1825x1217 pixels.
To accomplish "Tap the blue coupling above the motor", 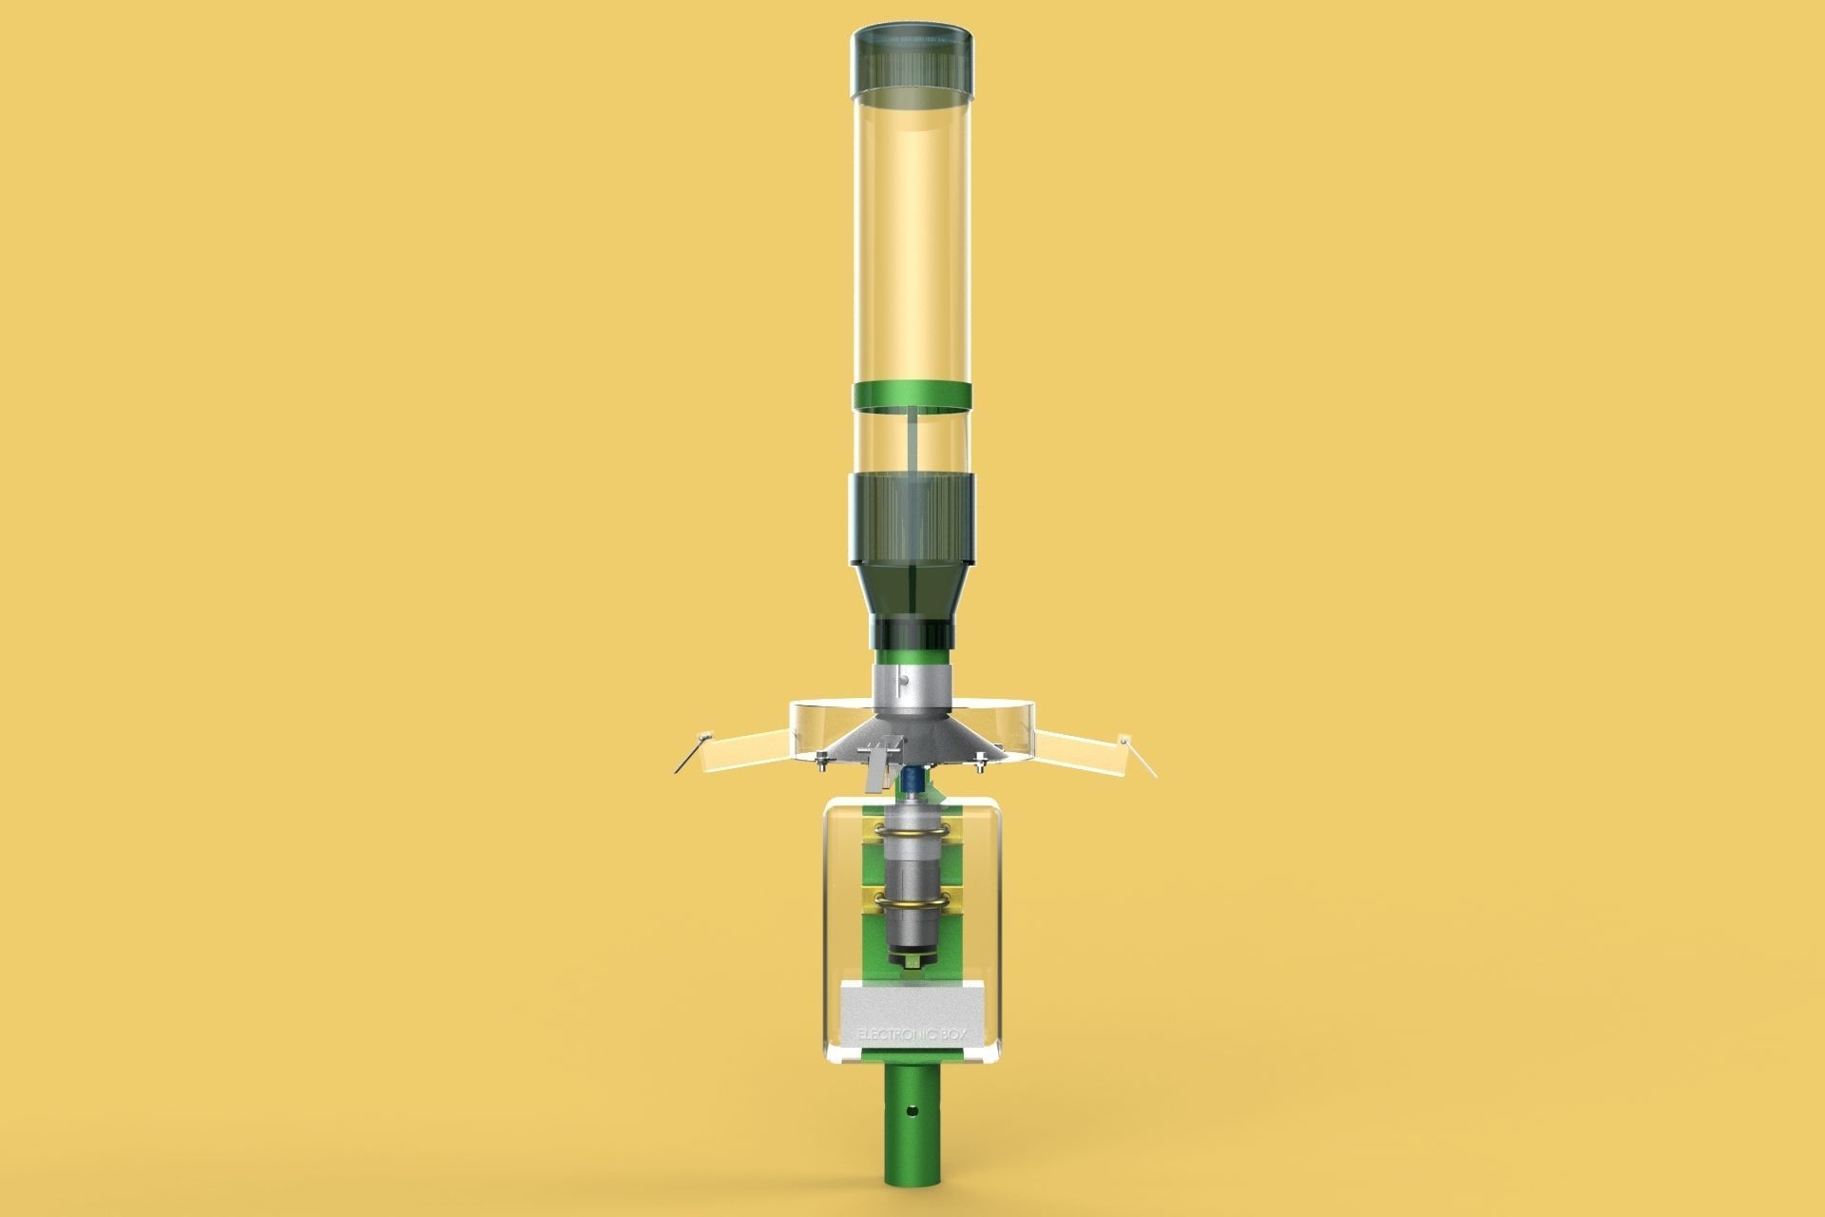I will (911, 781).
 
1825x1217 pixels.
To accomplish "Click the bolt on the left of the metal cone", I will (819, 757).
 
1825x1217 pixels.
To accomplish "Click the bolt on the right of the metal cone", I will (980, 759).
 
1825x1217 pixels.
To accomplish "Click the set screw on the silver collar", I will (905, 680).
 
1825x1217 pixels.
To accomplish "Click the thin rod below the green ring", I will (912, 442).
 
